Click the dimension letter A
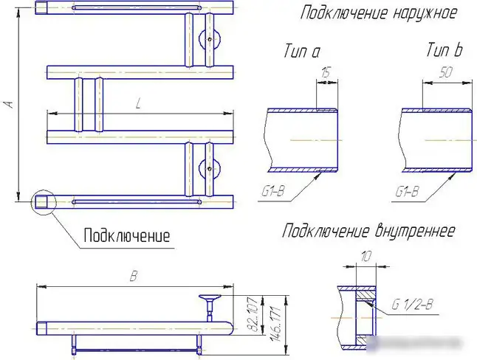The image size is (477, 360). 10,104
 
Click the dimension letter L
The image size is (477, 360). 138,105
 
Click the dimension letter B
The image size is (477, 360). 134,276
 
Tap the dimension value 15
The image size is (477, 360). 326,73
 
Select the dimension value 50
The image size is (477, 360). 446,72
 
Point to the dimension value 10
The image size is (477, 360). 366,257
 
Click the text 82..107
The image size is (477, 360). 254,314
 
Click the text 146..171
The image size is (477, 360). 277,323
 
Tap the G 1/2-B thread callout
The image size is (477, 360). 412,304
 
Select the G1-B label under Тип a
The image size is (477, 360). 273,192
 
